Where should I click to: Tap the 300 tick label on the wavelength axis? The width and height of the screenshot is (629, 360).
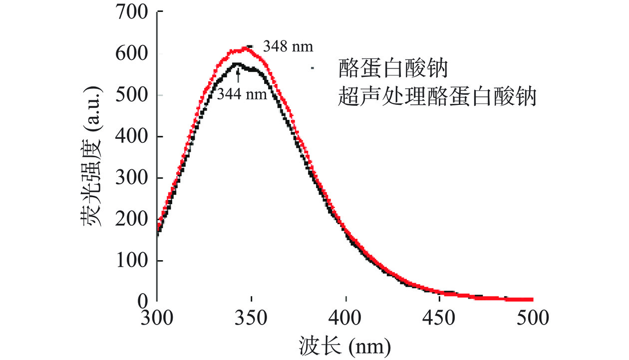(157, 318)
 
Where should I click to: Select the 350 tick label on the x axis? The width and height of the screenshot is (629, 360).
(252, 318)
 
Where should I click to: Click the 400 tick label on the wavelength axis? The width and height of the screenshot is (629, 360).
(346, 318)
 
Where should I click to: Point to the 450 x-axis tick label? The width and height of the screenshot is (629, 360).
(440, 318)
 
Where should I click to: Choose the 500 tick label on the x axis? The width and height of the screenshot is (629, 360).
(534, 318)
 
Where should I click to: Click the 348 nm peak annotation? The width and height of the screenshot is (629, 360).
(288, 47)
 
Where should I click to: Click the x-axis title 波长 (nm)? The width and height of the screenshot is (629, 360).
(344, 345)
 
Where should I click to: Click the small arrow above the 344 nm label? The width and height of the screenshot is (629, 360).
(238, 76)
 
